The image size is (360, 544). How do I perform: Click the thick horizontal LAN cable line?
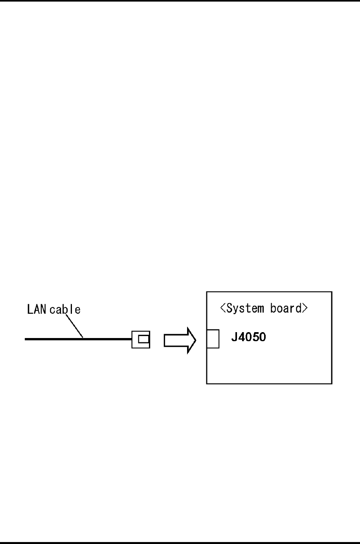coord(79,338)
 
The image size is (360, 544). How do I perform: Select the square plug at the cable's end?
coord(141,339)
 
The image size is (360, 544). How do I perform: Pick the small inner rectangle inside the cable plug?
coord(143,339)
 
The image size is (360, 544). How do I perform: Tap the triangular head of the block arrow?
coord(191,340)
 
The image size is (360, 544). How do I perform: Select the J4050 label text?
coord(248,337)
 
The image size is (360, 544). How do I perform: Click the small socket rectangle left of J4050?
coord(213,338)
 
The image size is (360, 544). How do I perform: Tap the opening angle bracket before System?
coord(223,309)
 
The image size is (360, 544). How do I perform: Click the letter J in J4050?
coord(233,337)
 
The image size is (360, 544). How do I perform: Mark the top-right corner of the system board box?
coord(332,292)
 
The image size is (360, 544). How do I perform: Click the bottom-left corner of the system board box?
coord(207,384)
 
